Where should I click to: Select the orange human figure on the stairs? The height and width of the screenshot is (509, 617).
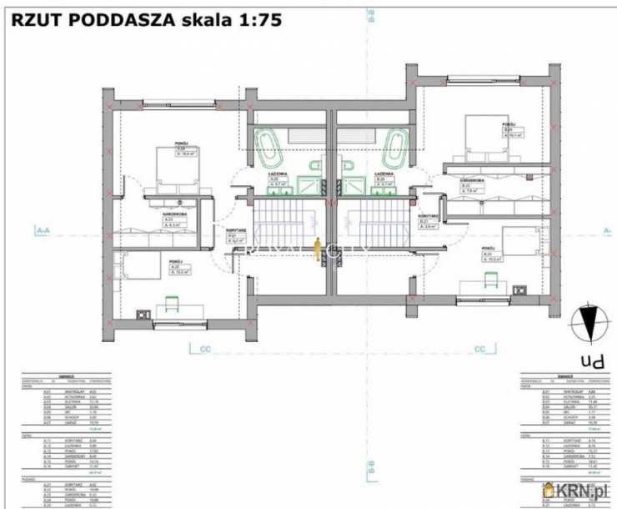tap(317, 249)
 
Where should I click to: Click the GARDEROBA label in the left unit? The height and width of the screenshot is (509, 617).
tap(173, 213)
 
